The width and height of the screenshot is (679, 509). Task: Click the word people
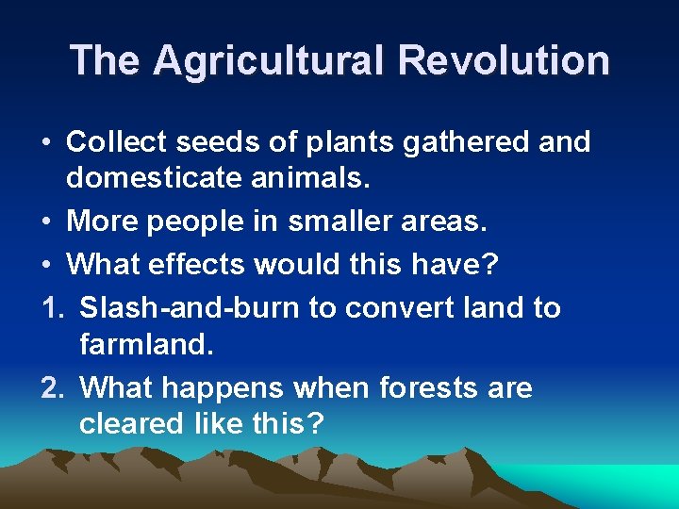point(198,222)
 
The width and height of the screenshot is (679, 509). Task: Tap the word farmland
point(147,344)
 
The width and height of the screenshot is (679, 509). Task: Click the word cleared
point(130,423)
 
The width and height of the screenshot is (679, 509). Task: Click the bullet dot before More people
point(46,222)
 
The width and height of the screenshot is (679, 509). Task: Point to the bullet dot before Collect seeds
point(46,143)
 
